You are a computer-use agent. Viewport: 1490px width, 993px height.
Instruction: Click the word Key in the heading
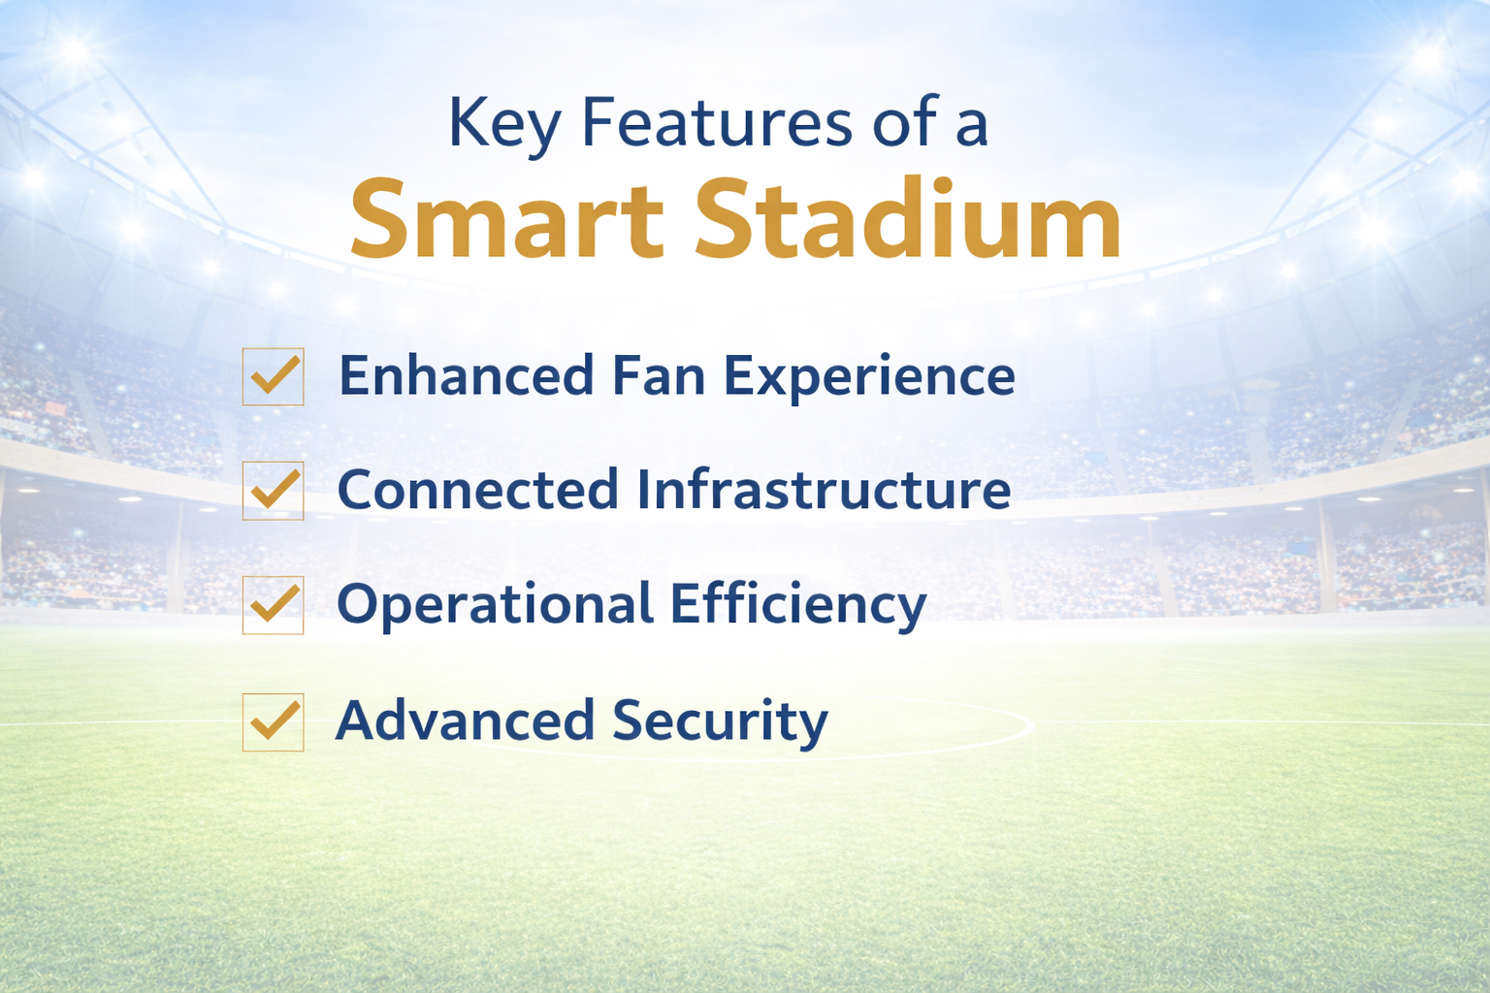(503, 124)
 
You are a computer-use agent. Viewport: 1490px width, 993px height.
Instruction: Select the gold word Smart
(506, 221)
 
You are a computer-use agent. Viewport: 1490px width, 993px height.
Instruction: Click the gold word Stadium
(908, 221)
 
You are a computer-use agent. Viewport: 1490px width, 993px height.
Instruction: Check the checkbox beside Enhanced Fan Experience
(274, 376)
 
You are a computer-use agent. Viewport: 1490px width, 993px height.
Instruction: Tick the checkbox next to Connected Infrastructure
(274, 491)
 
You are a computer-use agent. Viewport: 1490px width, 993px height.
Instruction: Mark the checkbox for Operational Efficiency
(274, 605)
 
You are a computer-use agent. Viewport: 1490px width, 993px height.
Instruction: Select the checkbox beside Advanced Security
(274, 721)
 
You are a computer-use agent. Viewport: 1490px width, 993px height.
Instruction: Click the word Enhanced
(466, 376)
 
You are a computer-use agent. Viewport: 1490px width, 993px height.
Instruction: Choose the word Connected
(477, 490)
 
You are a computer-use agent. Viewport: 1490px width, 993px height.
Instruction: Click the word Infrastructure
(825, 490)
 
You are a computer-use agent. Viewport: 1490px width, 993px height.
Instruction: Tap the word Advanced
(465, 721)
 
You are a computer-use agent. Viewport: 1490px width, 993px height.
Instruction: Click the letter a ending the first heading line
(971, 129)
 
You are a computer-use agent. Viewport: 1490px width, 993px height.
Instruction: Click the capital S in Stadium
(729, 221)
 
